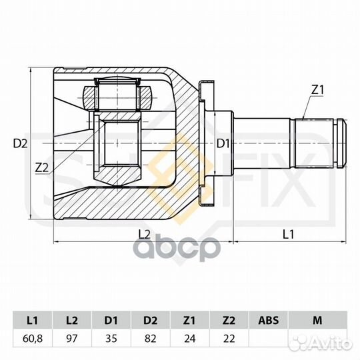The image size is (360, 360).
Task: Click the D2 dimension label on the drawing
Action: point(20,144)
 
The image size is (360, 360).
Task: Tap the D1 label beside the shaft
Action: point(223,144)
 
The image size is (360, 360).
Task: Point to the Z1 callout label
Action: point(317,90)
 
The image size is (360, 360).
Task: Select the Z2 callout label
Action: point(42,168)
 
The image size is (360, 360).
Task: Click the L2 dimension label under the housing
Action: point(145,235)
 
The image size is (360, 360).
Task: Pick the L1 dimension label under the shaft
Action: point(288,235)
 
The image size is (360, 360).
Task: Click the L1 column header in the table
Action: point(33,320)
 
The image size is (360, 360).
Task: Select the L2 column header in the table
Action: point(72,320)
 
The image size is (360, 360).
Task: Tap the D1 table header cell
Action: point(111,320)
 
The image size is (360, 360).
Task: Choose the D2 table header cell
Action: point(151,320)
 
